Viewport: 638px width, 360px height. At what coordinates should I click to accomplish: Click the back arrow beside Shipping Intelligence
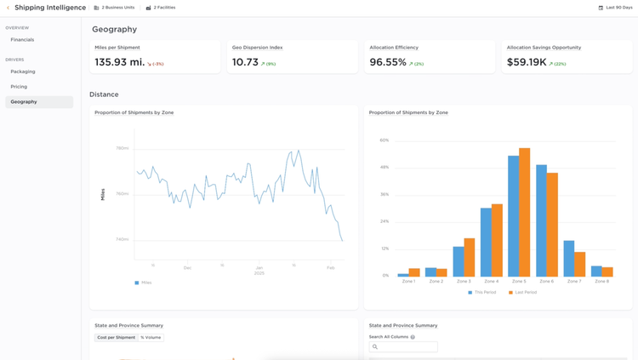(x=9, y=8)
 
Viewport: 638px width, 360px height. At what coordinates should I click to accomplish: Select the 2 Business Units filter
(x=114, y=8)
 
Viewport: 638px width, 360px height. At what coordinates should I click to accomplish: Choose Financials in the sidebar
(x=23, y=40)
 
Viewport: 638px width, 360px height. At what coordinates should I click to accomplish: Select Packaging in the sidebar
(x=23, y=71)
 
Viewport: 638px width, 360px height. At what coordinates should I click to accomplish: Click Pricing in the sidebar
(x=19, y=87)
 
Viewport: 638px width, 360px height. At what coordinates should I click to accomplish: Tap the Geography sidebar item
(x=24, y=102)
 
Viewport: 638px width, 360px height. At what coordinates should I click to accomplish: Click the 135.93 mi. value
(x=120, y=62)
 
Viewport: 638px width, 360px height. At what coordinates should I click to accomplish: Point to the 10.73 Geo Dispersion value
(x=245, y=62)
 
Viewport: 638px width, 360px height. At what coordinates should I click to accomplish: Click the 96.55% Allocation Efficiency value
(x=388, y=62)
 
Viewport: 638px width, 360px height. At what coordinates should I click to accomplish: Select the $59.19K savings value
(x=527, y=62)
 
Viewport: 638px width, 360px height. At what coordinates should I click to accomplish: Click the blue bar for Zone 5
(x=514, y=216)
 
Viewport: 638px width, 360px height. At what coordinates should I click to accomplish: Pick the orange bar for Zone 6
(x=552, y=225)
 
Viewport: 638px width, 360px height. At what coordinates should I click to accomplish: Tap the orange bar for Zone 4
(x=497, y=240)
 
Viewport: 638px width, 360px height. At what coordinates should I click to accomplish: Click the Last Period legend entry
(x=523, y=292)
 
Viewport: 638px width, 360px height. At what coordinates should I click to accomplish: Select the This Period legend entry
(x=482, y=292)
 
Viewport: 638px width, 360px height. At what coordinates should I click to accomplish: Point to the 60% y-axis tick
(x=385, y=140)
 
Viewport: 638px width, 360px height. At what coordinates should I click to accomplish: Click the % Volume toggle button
(x=151, y=338)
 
